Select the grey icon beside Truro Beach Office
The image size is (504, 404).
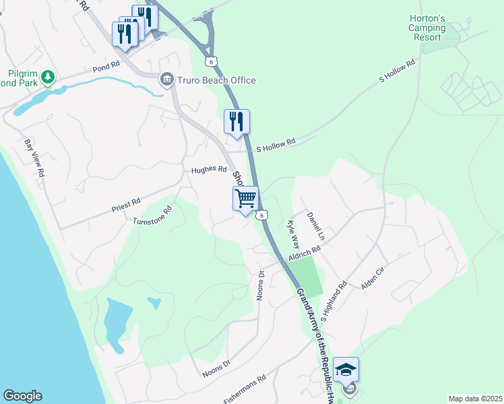(x=166, y=81)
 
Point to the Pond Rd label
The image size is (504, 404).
(x=106, y=67)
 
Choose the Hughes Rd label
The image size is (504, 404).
(x=208, y=170)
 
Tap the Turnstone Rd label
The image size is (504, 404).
(x=153, y=215)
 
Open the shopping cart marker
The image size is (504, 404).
(x=246, y=198)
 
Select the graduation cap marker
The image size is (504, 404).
(x=346, y=369)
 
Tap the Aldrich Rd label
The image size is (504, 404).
(x=304, y=253)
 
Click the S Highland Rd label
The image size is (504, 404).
(x=334, y=300)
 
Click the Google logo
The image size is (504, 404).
(x=22, y=396)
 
